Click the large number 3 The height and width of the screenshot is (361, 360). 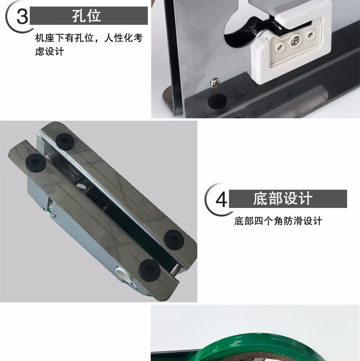coord(22,16)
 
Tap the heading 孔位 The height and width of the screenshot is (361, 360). coord(87,15)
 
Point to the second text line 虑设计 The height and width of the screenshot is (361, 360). coord(50,51)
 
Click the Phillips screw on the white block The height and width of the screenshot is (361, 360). coord(295,41)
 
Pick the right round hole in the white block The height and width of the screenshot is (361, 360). coord(311,35)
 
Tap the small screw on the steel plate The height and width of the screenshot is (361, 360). coord(215,83)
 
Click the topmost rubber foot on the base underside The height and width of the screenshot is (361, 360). coord(65,142)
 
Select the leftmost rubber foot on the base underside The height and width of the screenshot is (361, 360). coord(36,163)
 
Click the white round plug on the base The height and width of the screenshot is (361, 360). coord(123,274)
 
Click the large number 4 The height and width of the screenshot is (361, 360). coord(221,199)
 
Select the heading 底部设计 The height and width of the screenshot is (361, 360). coord(283,198)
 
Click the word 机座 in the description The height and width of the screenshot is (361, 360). coord(45,38)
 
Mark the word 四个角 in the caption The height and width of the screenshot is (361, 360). coord(268,221)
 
